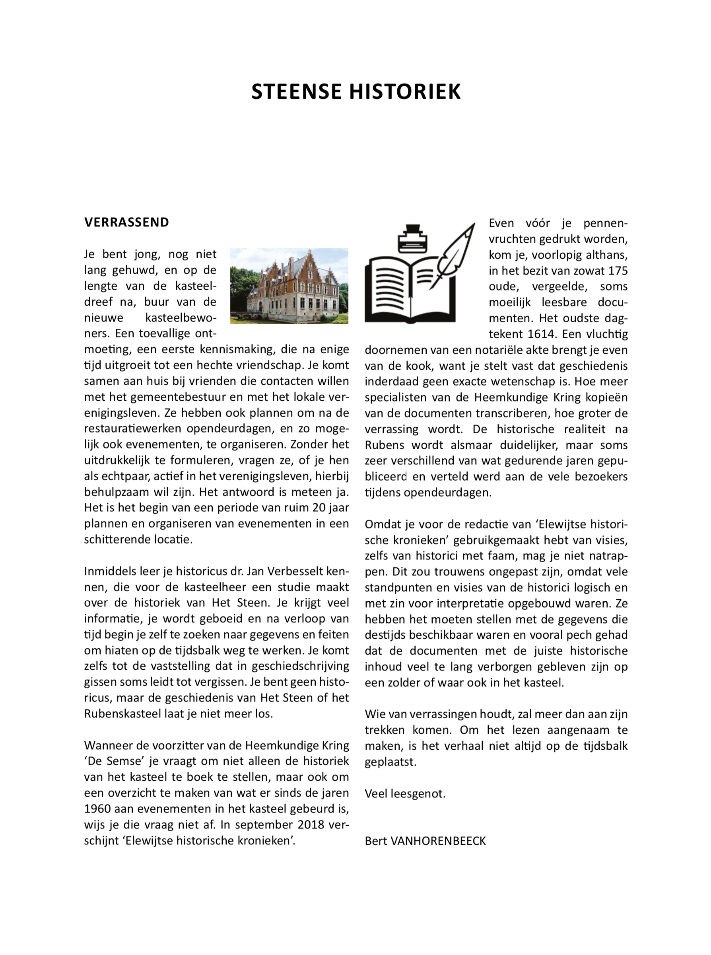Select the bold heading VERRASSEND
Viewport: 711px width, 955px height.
click(126, 222)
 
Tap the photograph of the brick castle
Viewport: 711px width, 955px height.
click(289, 285)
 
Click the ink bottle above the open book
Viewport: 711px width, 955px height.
click(413, 240)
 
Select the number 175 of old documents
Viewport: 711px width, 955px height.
click(618, 271)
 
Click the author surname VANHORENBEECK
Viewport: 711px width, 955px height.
click(438, 841)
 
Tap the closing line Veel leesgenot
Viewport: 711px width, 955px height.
click(405, 793)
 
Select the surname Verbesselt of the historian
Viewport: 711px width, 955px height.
click(295, 571)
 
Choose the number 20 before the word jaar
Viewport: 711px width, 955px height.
click(319, 508)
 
